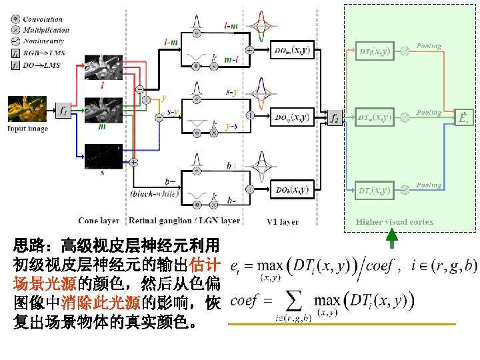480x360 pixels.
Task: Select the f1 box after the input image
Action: (63, 110)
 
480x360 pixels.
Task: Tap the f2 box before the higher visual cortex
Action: (334, 117)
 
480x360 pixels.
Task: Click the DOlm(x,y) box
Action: (291, 51)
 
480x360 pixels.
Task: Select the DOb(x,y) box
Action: (291, 190)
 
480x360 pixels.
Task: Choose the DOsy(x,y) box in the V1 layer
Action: (291, 117)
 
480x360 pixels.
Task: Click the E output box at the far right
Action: (465, 117)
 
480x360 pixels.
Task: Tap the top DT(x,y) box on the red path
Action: (375, 51)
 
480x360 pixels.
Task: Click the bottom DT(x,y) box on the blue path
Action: (375, 190)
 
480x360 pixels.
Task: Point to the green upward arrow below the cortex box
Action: (392, 238)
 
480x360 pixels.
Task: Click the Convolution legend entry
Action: (41, 21)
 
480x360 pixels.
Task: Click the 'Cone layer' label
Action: (99, 221)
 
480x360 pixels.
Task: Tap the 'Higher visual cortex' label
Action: (395, 221)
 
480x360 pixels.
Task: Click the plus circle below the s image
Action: (133, 162)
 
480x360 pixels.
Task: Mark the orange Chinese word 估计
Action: (207, 261)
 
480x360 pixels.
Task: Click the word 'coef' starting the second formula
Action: (244, 301)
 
